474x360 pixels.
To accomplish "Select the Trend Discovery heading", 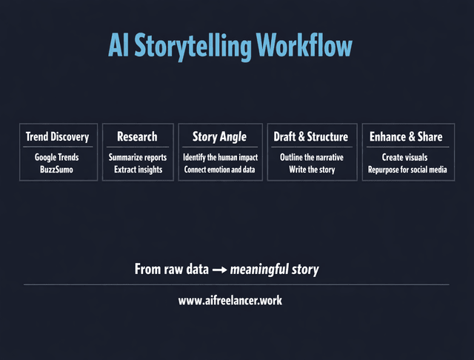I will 57,136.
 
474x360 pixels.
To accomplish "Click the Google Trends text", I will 57,158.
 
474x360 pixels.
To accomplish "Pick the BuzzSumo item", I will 57,170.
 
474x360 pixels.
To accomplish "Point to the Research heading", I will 137,136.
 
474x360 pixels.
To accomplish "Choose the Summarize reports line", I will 138,158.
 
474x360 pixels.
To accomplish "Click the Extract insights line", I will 138,170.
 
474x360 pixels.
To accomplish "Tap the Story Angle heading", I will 219,136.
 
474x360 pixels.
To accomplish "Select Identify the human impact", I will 219,158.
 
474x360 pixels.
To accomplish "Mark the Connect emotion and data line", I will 219,170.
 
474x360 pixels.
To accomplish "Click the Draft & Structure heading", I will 310,136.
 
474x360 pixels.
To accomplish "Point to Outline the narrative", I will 311,158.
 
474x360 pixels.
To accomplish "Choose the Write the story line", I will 311,170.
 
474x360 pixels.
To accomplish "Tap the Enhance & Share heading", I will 405,136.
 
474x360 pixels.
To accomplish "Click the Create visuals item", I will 405,158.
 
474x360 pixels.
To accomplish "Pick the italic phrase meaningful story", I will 275,270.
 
